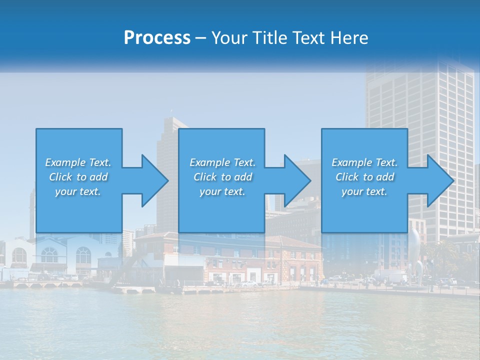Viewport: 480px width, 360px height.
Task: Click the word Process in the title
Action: pyautogui.click(x=157, y=37)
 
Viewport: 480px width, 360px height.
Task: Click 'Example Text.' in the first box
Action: pyautogui.click(x=78, y=162)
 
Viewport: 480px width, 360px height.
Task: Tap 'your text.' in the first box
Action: pyautogui.click(x=78, y=191)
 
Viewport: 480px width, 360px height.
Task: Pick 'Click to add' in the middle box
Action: pyautogui.click(x=222, y=177)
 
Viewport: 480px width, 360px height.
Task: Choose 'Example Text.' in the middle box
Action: pyautogui.click(x=222, y=162)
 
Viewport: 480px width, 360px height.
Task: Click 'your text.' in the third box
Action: pyautogui.click(x=364, y=191)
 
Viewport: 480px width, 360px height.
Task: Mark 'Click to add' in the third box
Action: pyautogui.click(x=364, y=177)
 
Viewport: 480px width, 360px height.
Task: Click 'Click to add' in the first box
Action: pyautogui.click(x=78, y=177)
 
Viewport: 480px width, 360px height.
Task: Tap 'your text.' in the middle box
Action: pyautogui.click(x=222, y=191)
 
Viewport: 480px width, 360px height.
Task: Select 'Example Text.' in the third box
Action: pyautogui.click(x=364, y=162)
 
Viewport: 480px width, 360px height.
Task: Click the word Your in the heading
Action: pyautogui.click(x=230, y=37)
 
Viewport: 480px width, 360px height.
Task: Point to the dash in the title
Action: pyautogui.click(x=200, y=38)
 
